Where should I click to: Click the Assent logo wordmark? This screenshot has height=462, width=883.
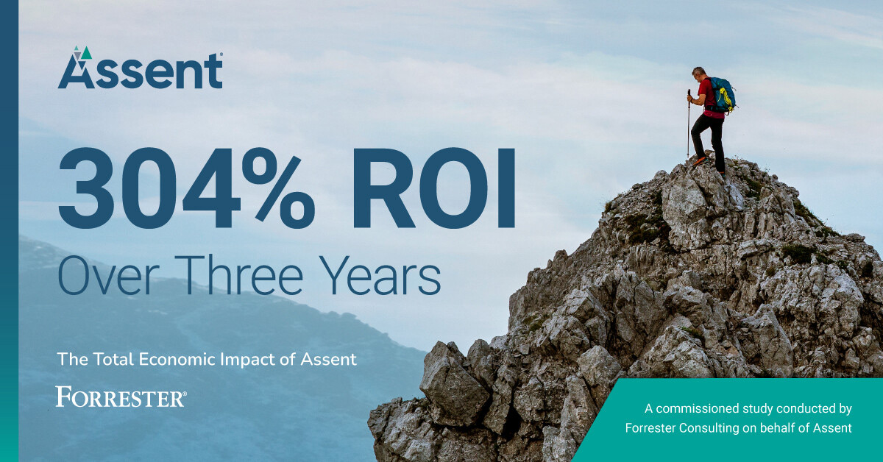(140, 72)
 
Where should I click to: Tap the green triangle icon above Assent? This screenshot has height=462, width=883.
(87, 53)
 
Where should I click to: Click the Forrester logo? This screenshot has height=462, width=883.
(121, 398)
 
